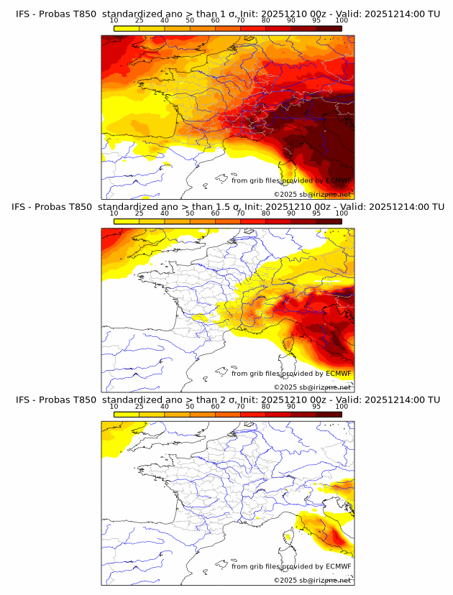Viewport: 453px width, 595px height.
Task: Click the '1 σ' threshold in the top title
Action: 232,13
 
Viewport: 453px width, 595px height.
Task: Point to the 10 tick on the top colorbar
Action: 114,21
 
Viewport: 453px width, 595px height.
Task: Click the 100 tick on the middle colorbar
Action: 342,213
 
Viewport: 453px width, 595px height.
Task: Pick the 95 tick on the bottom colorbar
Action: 316,407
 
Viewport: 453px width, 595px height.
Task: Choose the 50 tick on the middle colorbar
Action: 190,213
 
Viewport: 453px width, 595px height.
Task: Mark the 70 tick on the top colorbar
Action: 240,21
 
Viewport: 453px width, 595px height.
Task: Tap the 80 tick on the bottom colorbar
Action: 266,407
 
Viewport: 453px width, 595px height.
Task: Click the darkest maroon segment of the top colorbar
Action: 329,28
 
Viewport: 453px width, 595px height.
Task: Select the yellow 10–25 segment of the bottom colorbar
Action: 127,415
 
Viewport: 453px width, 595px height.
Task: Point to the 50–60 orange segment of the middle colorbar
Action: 202,221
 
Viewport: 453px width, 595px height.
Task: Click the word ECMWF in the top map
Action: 339,180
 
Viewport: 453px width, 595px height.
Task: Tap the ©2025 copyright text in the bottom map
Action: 285,581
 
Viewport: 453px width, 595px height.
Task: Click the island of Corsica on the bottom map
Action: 290,537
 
